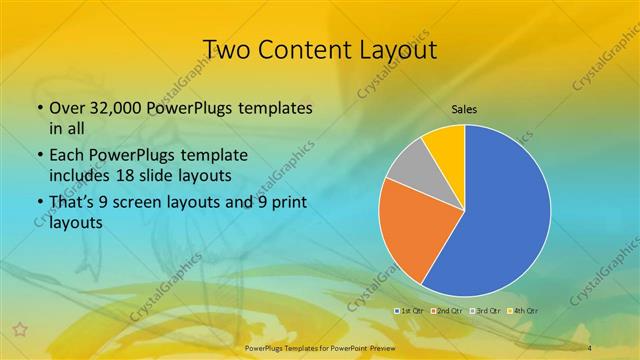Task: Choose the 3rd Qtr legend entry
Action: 485,311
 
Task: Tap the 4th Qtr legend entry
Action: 522,311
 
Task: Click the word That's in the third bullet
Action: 72,203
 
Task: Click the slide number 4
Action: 590,346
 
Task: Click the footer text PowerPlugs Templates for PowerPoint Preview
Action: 319,346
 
